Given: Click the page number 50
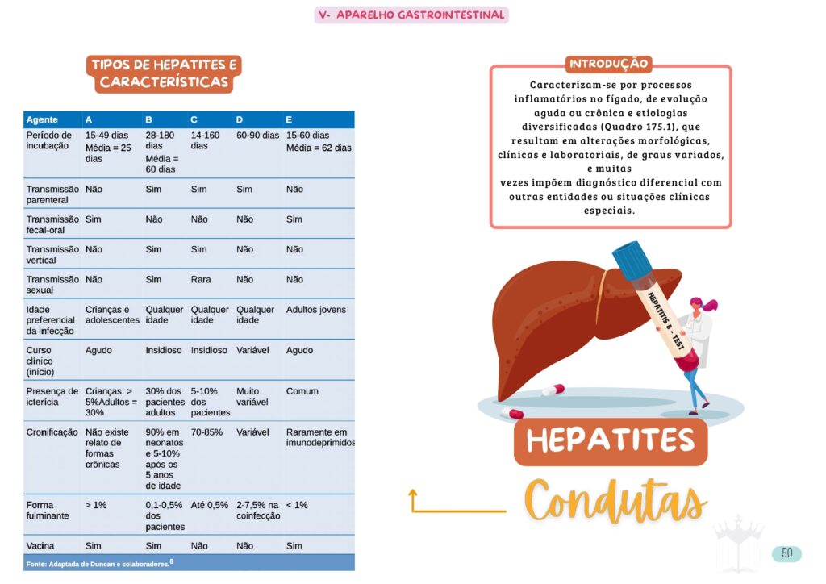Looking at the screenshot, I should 786,553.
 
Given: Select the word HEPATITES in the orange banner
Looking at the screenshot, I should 611,440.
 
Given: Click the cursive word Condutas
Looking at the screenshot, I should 616,501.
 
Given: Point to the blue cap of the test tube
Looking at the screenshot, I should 631,257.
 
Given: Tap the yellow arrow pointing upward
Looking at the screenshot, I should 413,500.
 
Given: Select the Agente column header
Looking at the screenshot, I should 42,119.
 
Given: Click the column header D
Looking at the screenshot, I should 240,119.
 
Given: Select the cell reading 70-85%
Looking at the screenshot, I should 208,432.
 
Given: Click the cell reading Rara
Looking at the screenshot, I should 201,279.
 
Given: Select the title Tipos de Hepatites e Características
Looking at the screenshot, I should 165,73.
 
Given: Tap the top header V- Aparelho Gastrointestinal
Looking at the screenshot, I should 411,15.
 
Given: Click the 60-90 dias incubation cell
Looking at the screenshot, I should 257,136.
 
